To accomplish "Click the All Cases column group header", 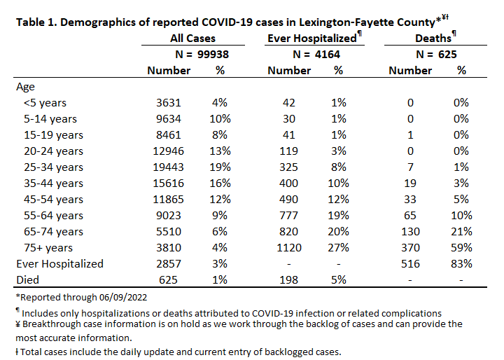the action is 192,39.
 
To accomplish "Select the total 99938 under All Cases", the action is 213,55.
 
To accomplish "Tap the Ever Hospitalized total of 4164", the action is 327,55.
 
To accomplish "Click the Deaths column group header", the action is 433,39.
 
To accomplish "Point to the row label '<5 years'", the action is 45,103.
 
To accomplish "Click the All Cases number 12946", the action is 169,151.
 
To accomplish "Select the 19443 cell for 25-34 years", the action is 169,167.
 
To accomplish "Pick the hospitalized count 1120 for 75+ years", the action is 289,248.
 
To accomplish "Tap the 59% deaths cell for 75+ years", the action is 461,248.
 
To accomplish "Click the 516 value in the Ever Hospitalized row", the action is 410,264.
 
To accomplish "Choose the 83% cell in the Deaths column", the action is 461,264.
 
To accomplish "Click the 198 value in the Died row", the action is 289,280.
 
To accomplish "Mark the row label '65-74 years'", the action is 53,232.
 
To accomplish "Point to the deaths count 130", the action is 410,232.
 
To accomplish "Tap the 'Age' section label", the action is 25,87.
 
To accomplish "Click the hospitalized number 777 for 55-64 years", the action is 289,216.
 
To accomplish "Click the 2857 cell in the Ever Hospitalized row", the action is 169,264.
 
